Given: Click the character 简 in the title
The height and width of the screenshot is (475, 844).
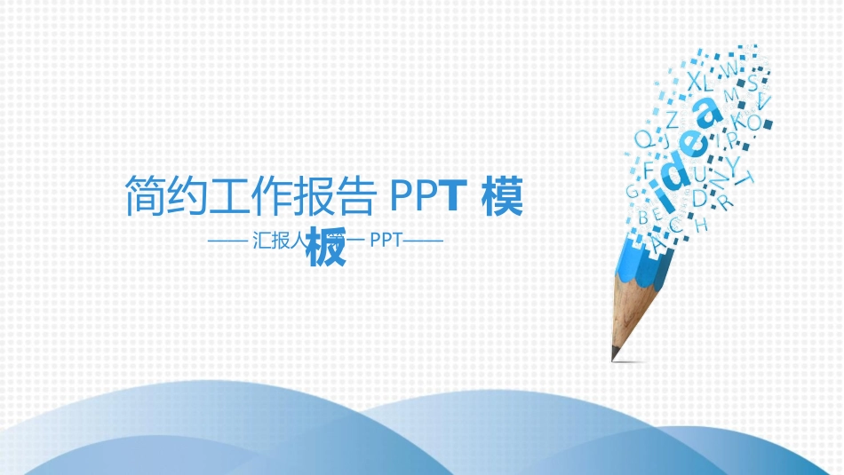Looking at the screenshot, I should [x=144, y=196].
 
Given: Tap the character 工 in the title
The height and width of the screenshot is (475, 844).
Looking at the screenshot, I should [x=230, y=196].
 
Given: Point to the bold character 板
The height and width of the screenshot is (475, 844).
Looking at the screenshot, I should [x=325, y=249].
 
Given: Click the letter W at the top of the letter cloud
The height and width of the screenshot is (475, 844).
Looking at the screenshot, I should [x=727, y=68].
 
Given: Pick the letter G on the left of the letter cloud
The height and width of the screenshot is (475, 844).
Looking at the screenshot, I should [x=633, y=190].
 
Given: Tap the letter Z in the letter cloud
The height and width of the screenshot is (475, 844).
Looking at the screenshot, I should [x=673, y=117].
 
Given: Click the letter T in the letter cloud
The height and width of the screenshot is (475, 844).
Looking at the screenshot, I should [x=745, y=180].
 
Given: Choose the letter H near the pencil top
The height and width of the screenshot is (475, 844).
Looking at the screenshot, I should [x=701, y=225].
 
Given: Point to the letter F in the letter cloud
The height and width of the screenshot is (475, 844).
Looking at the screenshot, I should [x=648, y=166].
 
